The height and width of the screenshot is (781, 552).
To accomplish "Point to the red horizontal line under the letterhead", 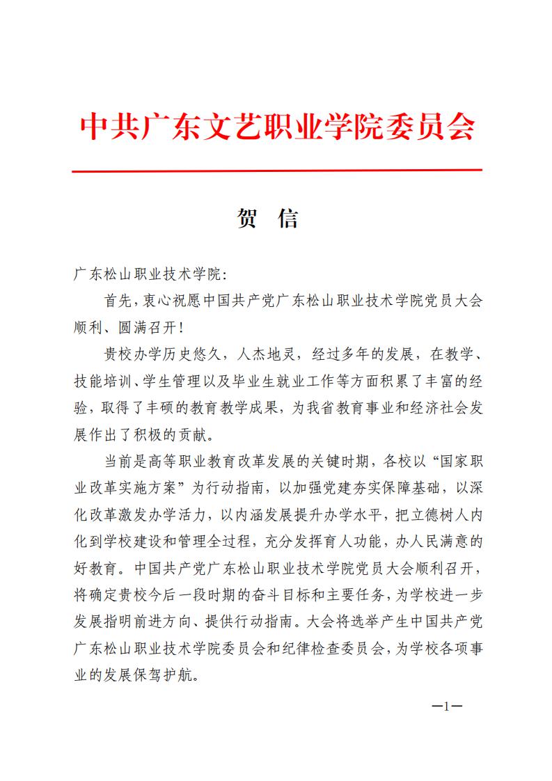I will (x=277, y=170).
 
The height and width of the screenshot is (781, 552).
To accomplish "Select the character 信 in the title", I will (x=287, y=219).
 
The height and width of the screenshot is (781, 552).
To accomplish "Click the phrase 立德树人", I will (x=432, y=514).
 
